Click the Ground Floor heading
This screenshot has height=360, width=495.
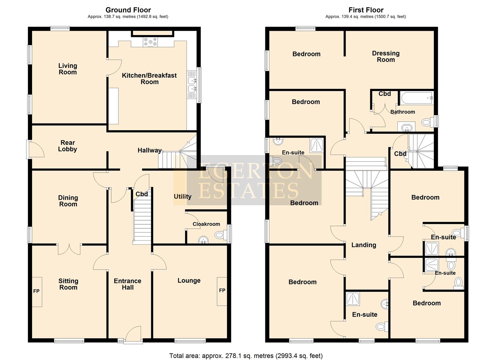[x=128, y=10]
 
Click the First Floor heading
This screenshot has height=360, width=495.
[x=366, y=10]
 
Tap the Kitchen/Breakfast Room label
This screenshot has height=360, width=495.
[x=149, y=79]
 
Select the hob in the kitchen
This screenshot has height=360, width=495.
[x=150, y=42]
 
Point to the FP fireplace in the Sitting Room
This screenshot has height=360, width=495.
[x=37, y=291]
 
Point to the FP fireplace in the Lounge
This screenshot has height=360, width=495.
[x=222, y=291]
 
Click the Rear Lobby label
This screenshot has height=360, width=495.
[x=67, y=146]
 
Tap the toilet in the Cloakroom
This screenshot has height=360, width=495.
[x=219, y=235]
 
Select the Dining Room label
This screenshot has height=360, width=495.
[x=68, y=201]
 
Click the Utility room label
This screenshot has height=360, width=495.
[x=182, y=196]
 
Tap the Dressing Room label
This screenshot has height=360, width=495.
[x=386, y=56]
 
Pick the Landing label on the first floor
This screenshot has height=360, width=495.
[x=364, y=245]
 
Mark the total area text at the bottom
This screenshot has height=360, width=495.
[x=246, y=356]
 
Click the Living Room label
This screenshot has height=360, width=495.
[x=68, y=69]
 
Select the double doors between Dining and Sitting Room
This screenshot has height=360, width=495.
[x=69, y=248]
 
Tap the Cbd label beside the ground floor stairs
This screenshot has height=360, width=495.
[x=141, y=194]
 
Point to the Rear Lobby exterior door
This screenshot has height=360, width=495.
[x=35, y=149]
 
